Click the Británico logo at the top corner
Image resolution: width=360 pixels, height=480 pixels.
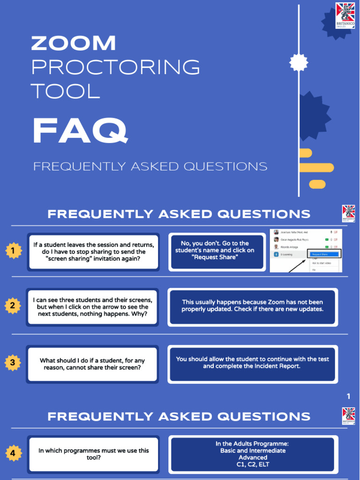pyautogui.click(x=345, y=15)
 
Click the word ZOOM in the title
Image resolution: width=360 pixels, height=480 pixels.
pyautogui.click(x=73, y=44)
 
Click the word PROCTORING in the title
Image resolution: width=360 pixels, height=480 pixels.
pyautogui.click(x=115, y=67)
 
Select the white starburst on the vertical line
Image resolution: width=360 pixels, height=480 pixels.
pyautogui.click(x=299, y=62)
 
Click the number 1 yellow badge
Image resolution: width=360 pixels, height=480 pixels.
pyautogui.click(x=13, y=252)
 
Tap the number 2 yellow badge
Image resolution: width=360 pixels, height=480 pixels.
pyautogui.click(x=13, y=306)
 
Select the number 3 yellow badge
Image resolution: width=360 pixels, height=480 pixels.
pyautogui.click(x=13, y=362)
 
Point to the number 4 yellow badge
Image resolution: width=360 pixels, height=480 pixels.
pyautogui.click(x=13, y=453)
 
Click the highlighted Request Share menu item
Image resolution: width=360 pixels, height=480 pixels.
pyautogui.click(x=323, y=254)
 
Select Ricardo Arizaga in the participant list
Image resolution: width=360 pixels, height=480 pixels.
pyautogui.click(x=289, y=247)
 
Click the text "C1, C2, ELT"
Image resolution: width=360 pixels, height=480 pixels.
pyautogui.click(x=253, y=465)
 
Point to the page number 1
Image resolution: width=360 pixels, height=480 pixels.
pyautogui.click(x=348, y=397)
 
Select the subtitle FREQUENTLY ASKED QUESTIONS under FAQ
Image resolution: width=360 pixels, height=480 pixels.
pyautogui.click(x=150, y=166)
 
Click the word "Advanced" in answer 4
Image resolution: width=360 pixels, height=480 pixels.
pyautogui.click(x=253, y=457)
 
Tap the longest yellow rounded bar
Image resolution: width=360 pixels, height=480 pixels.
pyautogui.click(x=316, y=168)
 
